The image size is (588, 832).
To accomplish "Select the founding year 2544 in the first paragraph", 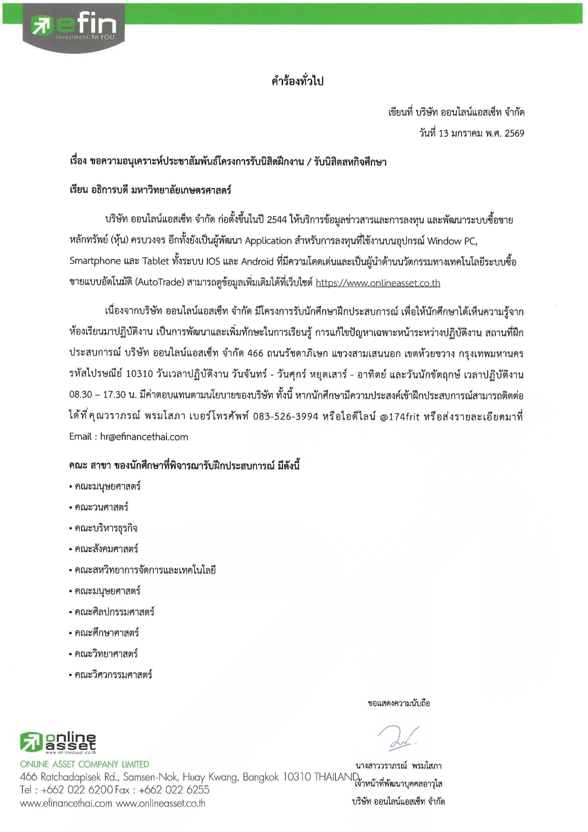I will pos(276,220).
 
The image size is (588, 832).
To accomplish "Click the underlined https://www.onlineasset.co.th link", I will pos(377,283).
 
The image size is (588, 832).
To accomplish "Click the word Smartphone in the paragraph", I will pos(95,262).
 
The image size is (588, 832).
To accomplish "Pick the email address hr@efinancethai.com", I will pos(144,437).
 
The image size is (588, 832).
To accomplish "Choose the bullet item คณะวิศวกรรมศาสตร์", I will pos(113,675).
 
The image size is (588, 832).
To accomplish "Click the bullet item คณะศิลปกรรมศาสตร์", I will pos(114,612).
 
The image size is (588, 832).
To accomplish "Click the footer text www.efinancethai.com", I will pos(66,803).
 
